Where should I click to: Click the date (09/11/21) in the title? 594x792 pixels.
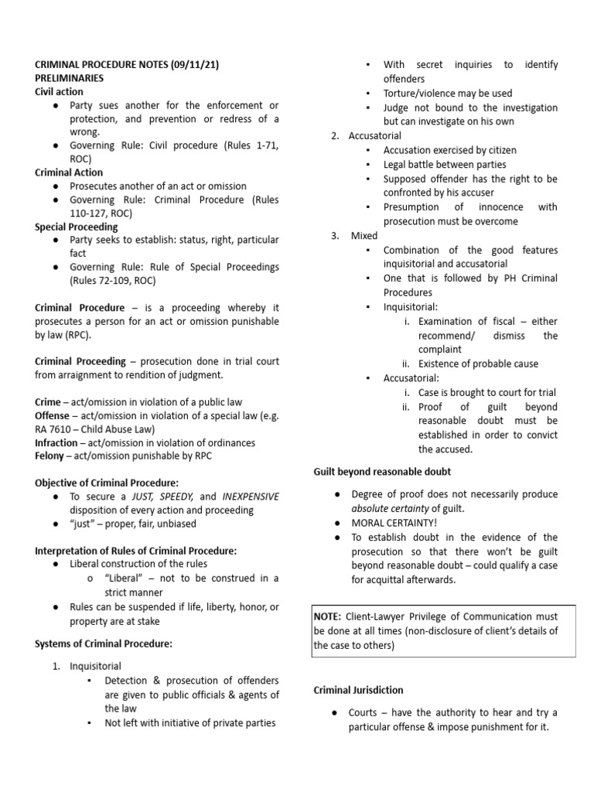[191, 65]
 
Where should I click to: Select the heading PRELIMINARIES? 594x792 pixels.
[70, 78]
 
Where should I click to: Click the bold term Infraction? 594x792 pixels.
[56, 443]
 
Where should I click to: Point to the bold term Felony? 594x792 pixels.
[50, 456]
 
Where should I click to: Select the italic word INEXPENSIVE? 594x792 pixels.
[251, 497]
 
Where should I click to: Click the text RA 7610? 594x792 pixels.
[53, 429]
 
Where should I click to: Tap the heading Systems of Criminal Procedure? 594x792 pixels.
[104, 643]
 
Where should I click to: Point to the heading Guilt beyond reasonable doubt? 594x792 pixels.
[382, 471]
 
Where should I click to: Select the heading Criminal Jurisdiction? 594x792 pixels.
[358, 690]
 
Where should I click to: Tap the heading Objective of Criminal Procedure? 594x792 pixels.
[107, 483]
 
